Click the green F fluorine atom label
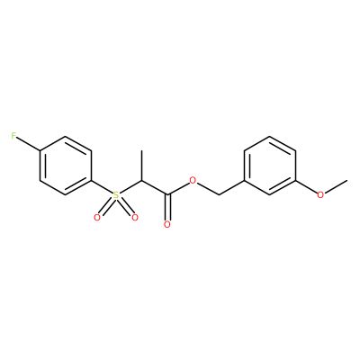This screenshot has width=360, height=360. (13, 136)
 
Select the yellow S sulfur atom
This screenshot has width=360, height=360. (116, 195)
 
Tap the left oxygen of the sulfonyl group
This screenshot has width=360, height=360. (96, 218)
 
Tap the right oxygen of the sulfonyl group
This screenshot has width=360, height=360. (135, 218)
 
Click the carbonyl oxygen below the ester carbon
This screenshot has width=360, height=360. (167, 225)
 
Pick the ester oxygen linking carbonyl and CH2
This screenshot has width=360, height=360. (193, 181)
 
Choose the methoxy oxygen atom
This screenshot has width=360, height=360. (320, 195)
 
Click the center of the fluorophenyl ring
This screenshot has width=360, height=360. (65, 166)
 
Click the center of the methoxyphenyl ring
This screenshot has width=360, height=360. (270, 166)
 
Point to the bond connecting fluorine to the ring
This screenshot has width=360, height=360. (28, 144)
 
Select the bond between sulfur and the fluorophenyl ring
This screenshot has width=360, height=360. (102, 187)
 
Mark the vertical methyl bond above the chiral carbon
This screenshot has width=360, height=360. (141, 166)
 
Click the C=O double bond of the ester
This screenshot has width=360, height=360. (167, 208)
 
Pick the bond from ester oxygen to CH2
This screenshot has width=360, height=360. (208, 189)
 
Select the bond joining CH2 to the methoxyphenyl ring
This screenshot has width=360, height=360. (231, 188)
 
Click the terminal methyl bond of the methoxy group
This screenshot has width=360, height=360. (336, 186)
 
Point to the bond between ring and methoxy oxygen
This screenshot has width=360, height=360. (307, 187)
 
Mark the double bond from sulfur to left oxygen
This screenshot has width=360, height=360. (106, 207)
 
